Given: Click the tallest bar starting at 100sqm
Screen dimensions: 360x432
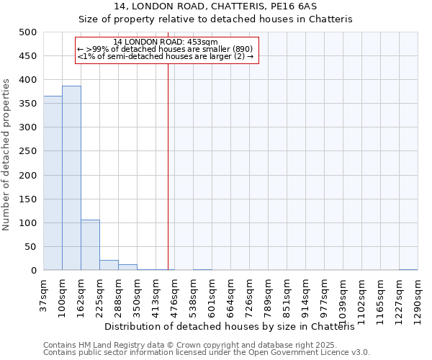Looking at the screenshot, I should [71, 179].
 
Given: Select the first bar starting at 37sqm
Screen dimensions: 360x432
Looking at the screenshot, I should [53, 184].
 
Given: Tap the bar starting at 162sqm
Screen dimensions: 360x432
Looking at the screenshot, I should [90, 246].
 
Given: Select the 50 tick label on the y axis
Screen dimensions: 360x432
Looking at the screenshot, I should [31, 247].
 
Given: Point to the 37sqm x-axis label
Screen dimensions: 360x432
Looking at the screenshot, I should [43, 294].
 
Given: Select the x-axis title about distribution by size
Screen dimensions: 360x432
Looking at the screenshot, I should [235, 327].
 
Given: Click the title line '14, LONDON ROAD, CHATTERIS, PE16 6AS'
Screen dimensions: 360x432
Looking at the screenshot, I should [215, 6].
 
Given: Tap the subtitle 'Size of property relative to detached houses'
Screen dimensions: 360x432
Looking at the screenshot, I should [215, 19].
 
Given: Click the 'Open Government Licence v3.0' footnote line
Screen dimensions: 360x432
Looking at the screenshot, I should [207, 352].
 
